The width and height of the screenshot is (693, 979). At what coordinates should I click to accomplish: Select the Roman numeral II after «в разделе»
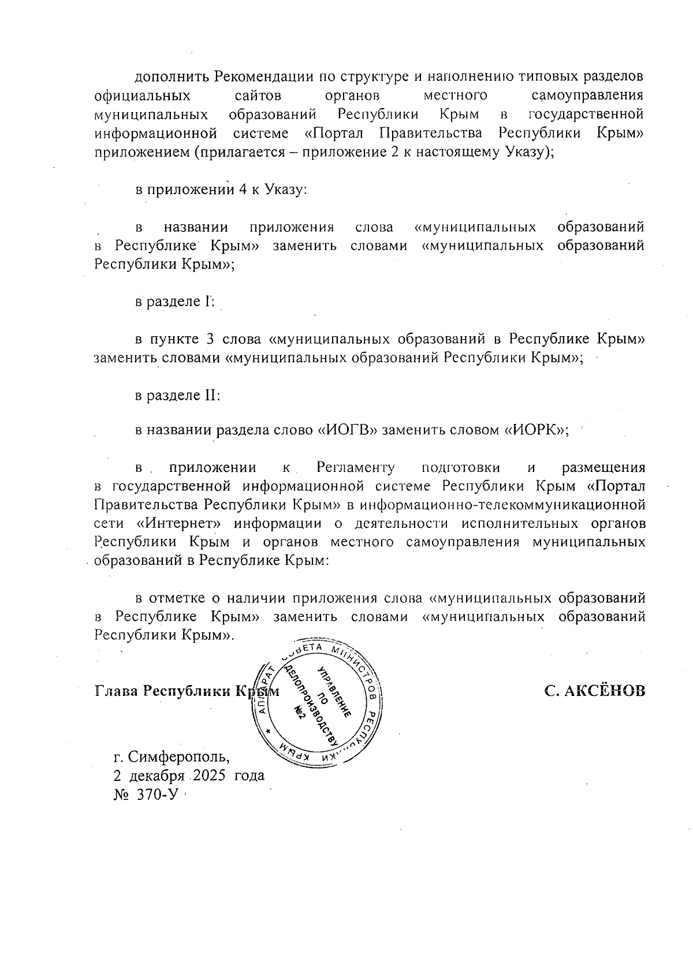(x=208, y=396)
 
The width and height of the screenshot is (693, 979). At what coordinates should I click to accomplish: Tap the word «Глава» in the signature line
(x=116, y=691)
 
